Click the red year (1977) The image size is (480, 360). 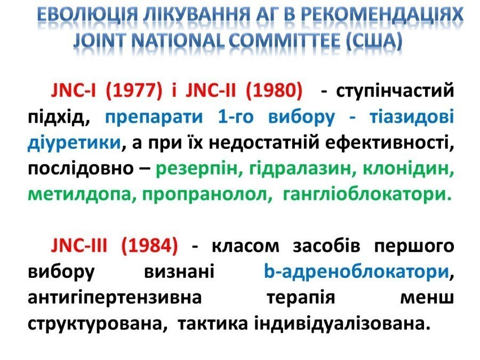134,91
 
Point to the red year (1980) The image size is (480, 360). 274,91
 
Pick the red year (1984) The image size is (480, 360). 150,246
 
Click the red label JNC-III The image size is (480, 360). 79,245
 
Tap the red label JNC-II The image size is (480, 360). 211,91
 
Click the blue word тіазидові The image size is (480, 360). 412,117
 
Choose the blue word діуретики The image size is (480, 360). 74,143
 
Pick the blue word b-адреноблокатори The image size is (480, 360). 357,272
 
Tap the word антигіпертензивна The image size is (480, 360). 115,298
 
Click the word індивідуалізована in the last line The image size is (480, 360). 340,324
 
